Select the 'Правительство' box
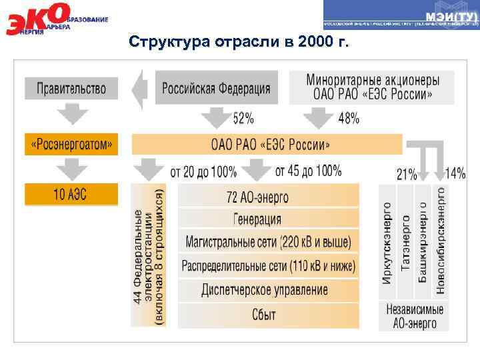click(x=71, y=88)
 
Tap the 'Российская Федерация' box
click(x=217, y=88)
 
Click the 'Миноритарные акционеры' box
click(x=372, y=87)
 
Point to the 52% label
click(x=243, y=119)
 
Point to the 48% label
click(x=349, y=119)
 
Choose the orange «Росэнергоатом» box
click(x=71, y=143)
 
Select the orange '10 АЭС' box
click(x=71, y=195)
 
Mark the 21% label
click(x=407, y=175)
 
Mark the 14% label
click(x=455, y=174)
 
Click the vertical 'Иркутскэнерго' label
click(x=387, y=243)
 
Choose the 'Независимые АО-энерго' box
click(x=413, y=317)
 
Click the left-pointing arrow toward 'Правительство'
click(x=139, y=87)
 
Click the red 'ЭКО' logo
click(x=37, y=19)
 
